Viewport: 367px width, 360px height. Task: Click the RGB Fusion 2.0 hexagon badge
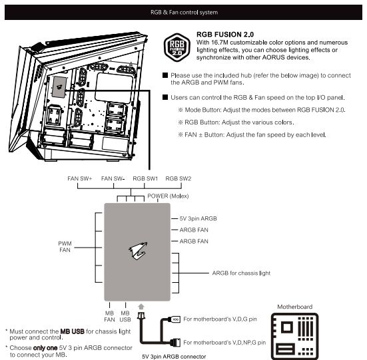point(177,47)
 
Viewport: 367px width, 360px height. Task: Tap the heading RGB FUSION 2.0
point(225,35)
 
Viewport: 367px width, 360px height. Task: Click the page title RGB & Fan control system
point(184,13)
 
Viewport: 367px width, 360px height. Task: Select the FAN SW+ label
point(79,178)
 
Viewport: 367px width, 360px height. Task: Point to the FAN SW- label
point(113,178)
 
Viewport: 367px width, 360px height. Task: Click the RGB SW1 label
point(145,178)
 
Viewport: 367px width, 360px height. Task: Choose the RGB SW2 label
point(179,178)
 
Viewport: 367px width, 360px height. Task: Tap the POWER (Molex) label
point(168,196)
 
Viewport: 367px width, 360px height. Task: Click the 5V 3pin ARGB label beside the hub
point(198,218)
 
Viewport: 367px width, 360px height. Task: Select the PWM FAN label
point(65,247)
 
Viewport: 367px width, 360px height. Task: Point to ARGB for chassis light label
point(241,273)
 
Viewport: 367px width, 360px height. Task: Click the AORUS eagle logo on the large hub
point(138,251)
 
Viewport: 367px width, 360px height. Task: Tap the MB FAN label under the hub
point(109,316)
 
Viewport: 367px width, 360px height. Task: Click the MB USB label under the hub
point(125,316)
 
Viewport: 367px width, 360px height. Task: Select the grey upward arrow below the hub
point(141,307)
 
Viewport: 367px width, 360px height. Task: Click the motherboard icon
point(294,336)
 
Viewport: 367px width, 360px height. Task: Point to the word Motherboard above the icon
point(294,307)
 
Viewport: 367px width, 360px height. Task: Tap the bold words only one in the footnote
point(45,348)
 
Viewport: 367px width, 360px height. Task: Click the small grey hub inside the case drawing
point(59,87)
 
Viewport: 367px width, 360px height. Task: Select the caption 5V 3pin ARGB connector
point(174,357)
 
